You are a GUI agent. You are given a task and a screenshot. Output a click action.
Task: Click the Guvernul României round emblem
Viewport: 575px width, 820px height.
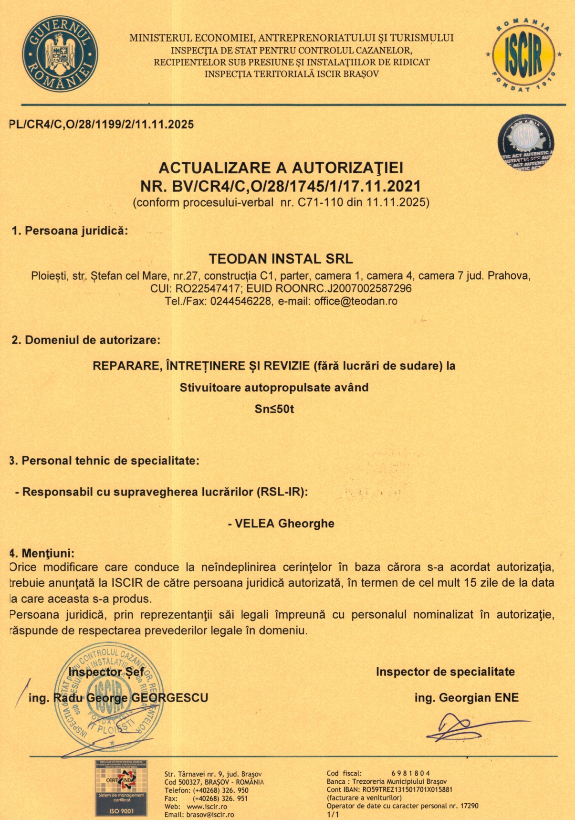click(60, 53)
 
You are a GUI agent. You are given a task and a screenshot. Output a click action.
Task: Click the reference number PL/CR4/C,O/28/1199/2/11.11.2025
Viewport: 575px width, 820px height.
click(102, 125)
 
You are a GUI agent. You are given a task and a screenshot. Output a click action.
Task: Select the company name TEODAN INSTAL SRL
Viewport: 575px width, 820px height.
click(281, 259)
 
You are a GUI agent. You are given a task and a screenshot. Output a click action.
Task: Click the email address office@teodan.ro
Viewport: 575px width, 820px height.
click(355, 302)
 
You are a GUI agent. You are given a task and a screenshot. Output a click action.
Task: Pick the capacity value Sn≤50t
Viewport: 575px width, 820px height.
click(274, 410)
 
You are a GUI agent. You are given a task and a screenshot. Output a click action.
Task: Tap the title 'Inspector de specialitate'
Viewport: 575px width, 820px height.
click(445, 672)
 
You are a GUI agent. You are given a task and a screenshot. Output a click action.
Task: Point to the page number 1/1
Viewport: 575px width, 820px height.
click(333, 815)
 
